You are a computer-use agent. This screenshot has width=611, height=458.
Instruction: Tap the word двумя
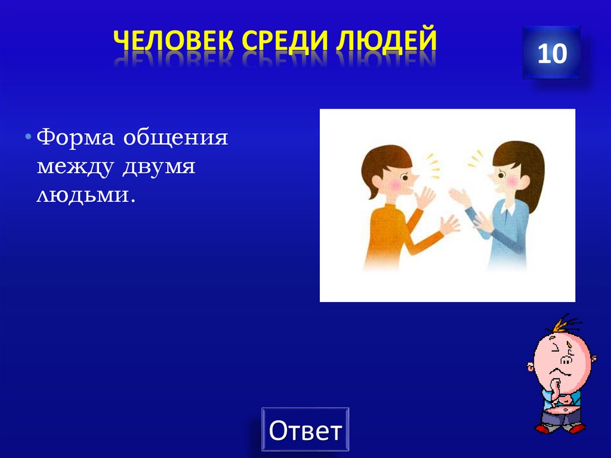click(159, 167)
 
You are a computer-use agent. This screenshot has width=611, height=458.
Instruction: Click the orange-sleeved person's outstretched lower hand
click(448, 225)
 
